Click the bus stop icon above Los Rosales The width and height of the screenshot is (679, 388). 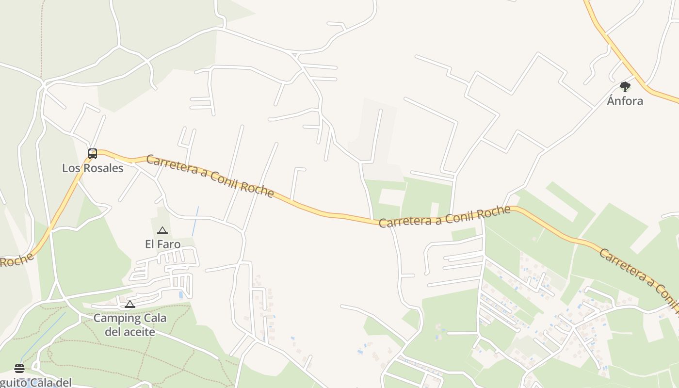tap(93, 154)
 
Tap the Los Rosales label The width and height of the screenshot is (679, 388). tap(93, 168)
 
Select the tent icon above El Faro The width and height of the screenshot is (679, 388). tap(162, 230)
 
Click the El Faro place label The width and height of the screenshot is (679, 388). tap(162, 244)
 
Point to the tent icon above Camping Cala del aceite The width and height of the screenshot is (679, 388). tap(129, 304)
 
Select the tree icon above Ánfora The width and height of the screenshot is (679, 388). tap(625, 87)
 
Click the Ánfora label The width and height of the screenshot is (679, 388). tap(625, 101)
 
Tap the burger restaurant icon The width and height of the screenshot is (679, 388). tap(19, 368)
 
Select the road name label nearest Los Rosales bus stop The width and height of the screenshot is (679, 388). tap(210, 176)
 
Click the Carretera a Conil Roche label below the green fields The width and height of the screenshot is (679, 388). tap(444, 217)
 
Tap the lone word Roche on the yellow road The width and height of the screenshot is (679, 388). tap(16, 260)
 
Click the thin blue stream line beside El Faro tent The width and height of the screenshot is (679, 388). tap(195, 221)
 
